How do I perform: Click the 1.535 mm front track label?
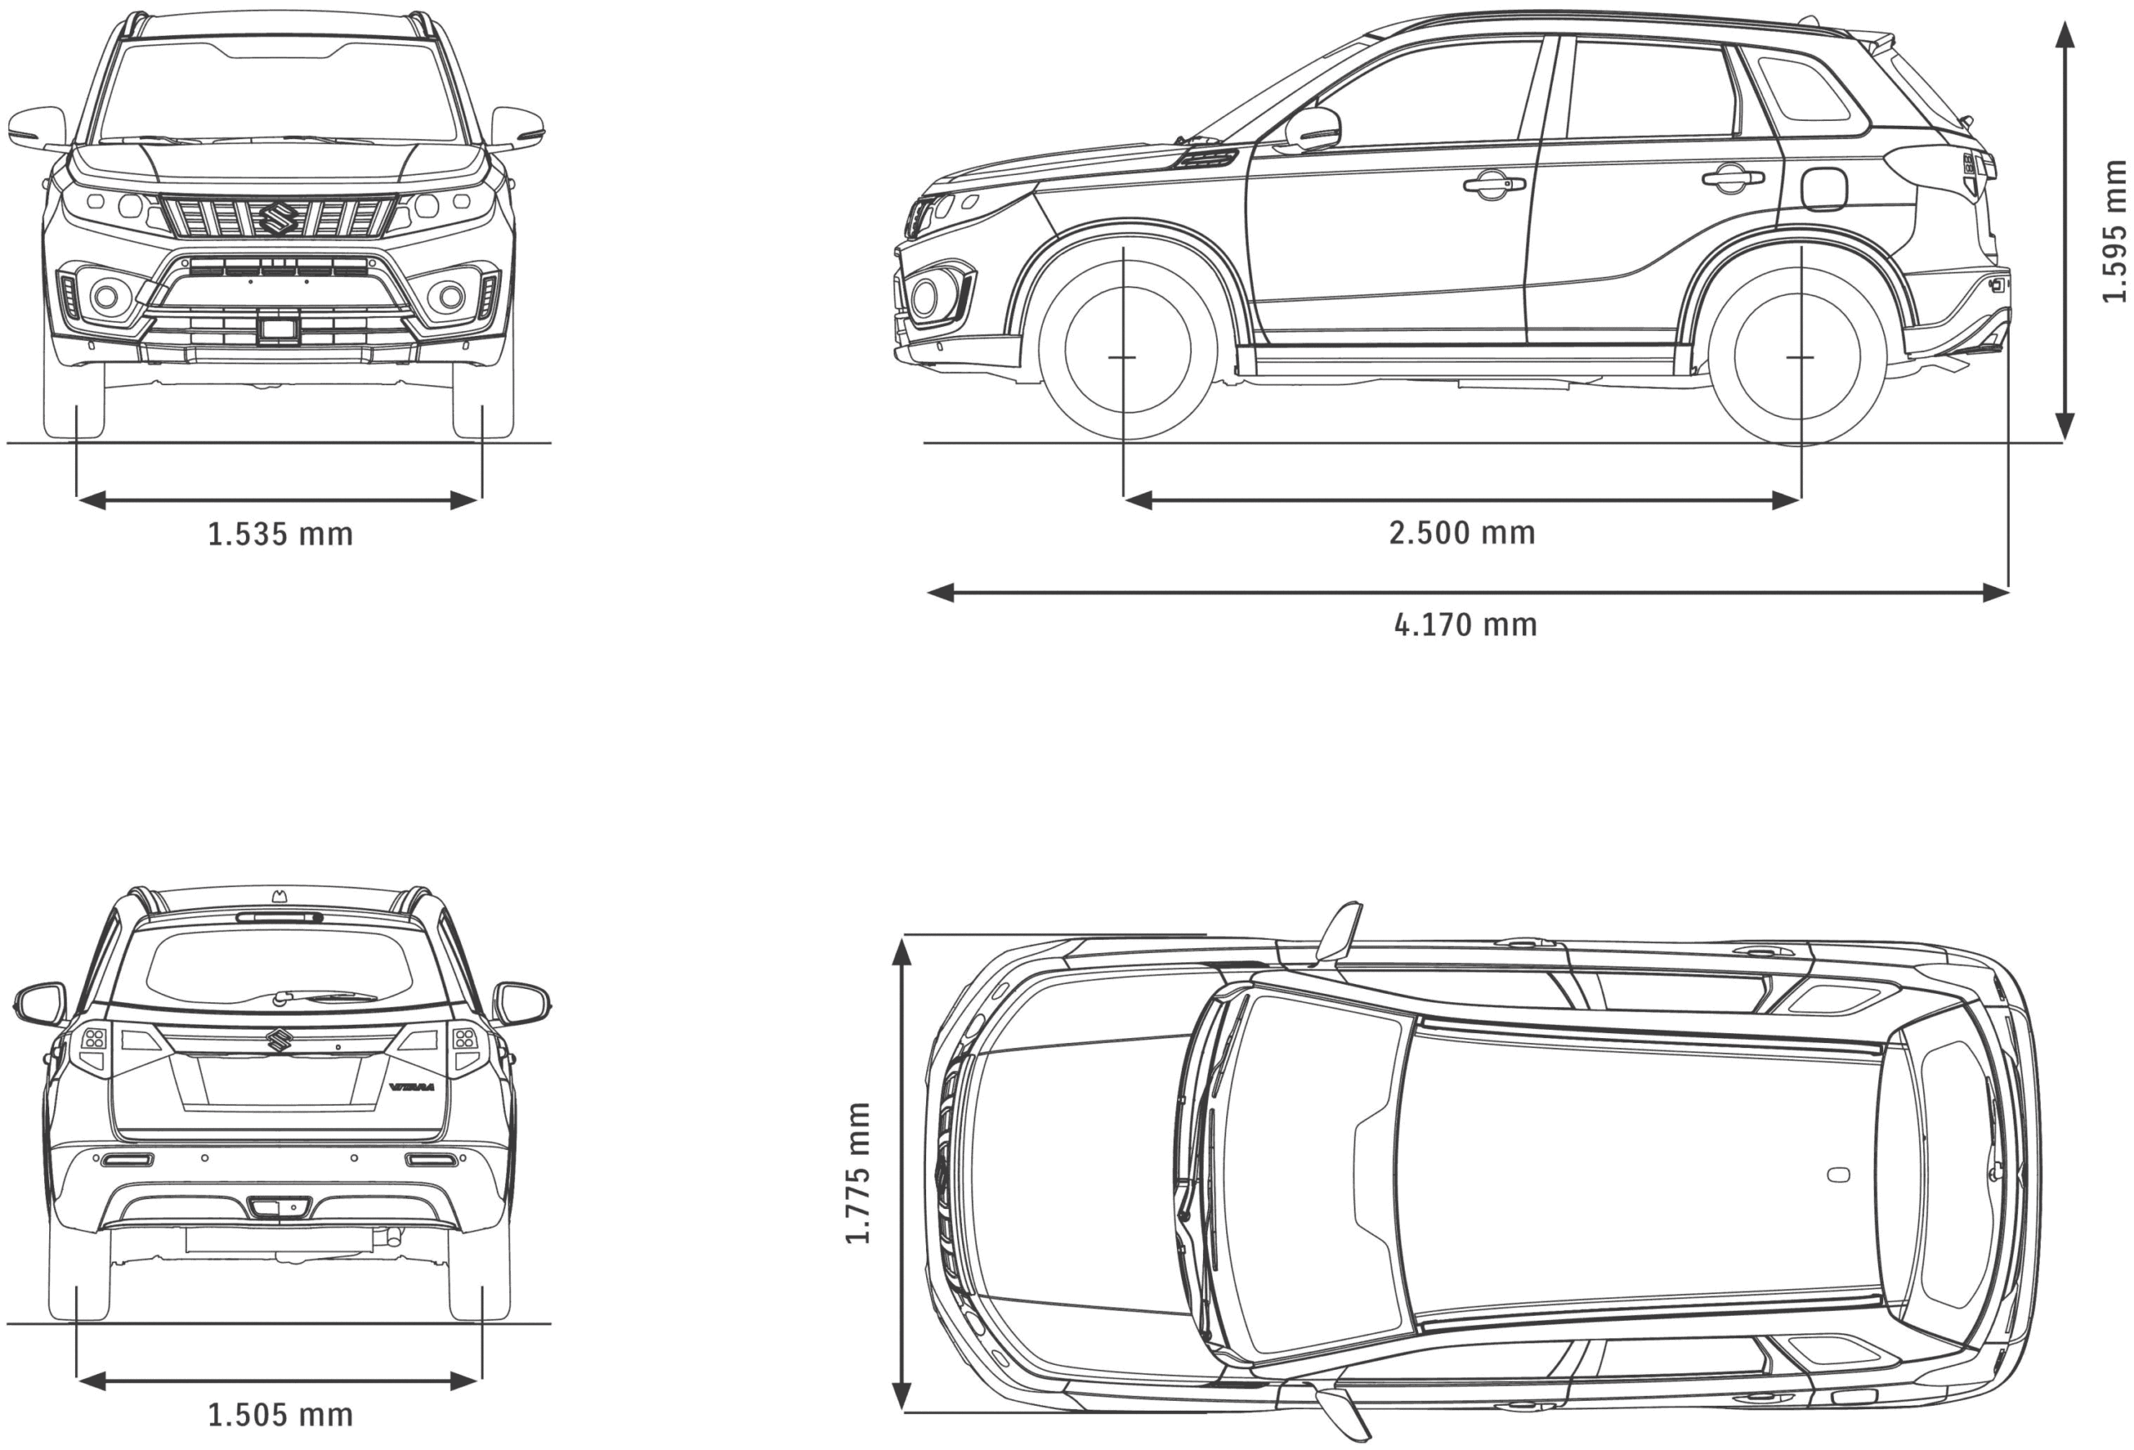tap(280, 534)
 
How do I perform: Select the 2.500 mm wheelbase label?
tap(1461, 533)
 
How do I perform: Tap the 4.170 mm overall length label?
tap(1465, 625)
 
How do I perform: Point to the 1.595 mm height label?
tap(2114, 230)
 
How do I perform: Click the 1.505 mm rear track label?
tap(280, 1415)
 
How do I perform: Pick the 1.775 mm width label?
tap(858, 1172)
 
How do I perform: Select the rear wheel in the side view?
tap(1800, 355)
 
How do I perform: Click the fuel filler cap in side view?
tap(1824, 188)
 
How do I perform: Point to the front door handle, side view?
tap(1493, 184)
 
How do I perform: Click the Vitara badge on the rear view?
tap(411, 1086)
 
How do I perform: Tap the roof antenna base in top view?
tap(1838, 1176)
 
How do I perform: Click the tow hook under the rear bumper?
tap(395, 1236)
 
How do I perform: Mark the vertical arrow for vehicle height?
tap(2065, 229)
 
